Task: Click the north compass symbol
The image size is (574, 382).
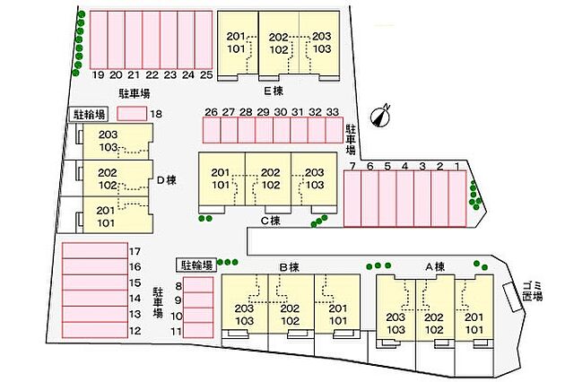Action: click(380, 117)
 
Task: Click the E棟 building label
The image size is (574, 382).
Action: click(274, 91)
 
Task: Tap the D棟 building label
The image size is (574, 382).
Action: click(167, 180)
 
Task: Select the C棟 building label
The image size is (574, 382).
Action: click(271, 221)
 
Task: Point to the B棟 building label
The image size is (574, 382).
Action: click(289, 267)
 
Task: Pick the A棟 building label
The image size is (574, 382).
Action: click(435, 266)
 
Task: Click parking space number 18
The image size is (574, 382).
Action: click(132, 114)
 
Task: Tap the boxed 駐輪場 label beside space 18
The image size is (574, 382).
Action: click(90, 114)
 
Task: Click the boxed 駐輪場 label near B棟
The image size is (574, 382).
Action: click(196, 265)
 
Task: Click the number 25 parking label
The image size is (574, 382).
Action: click(206, 75)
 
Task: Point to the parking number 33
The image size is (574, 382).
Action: click(333, 112)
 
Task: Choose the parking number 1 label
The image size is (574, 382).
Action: click(457, 167)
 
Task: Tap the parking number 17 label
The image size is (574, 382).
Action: click(135, 251)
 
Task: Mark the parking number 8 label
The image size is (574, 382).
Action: click(178, 286)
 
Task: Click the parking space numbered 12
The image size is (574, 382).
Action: click(95, 330)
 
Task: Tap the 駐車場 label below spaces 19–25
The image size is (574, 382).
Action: click(135, 93)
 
